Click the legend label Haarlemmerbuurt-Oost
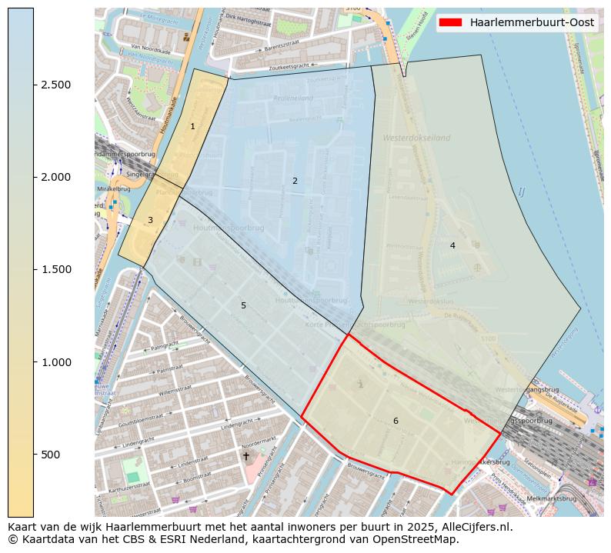(x=532, y=23)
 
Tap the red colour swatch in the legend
(x=450, y=23)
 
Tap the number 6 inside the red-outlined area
(x=396, y=421)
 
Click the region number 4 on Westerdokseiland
(x=452, y=245)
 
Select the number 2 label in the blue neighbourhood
(x=295, y=181)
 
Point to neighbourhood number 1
(x=192, y=126)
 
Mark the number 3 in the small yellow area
(x=150, y=220)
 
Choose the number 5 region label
(x=243, y=305)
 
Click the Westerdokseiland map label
(x=416, y=138)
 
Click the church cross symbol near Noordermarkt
(x=246, y=456)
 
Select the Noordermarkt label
(x=259, y=445)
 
